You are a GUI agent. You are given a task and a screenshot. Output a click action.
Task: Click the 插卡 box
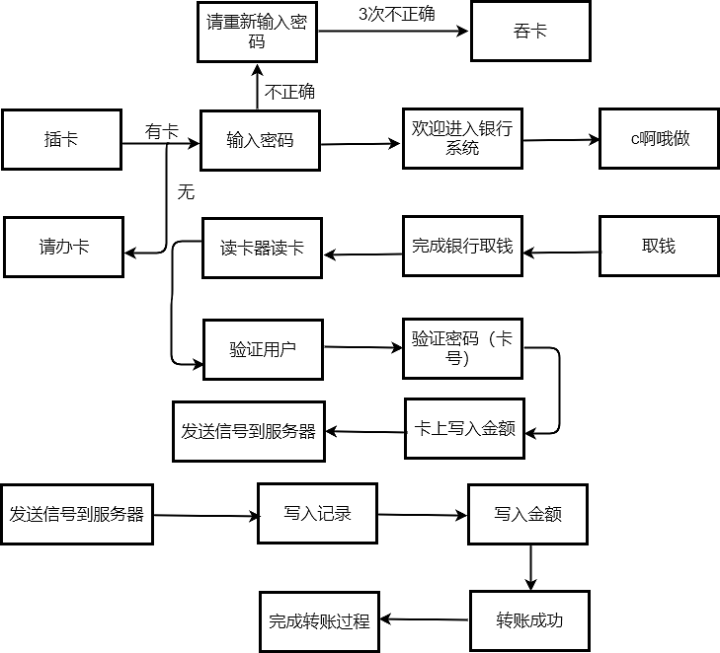click(x=61, y=139)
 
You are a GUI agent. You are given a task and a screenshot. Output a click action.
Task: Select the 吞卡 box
click(x=531, y=32)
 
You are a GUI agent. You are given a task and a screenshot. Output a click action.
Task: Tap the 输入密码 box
click(x=260, y=140)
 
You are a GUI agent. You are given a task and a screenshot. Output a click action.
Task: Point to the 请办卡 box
click(x=64, y=247)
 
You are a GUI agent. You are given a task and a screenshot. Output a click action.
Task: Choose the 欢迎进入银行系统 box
click(x=462, y=138)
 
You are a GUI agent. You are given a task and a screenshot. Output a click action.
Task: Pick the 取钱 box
click(x=659, y=247)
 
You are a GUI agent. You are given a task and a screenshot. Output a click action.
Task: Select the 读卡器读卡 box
click(x=263, y=248)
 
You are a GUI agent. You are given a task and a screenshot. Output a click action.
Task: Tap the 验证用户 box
click(x=263, y=349)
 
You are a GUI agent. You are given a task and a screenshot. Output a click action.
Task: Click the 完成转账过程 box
click(x=319, y=621)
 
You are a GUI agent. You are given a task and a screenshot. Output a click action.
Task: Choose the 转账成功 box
click(x=529, y=620)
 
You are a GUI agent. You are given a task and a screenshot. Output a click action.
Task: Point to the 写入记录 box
click(x=317, y=513)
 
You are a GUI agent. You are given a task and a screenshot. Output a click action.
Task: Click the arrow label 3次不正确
click(x=396, y=14)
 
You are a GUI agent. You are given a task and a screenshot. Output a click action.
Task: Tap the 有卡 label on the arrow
click(x=162, y=131)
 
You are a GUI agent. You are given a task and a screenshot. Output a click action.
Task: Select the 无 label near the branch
click(x=186, y=192)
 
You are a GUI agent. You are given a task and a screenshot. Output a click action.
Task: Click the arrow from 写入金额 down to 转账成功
click(x=531, y=567)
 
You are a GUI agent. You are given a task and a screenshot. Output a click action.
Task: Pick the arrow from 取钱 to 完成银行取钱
click(x=561, y=253)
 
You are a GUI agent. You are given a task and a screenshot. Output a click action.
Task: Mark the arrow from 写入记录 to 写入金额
click(x=423, y=515)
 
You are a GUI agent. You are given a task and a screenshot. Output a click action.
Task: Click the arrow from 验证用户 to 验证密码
click(x=362, y=347)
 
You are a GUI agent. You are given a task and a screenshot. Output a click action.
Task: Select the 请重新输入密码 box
click(x=257, y=33)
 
